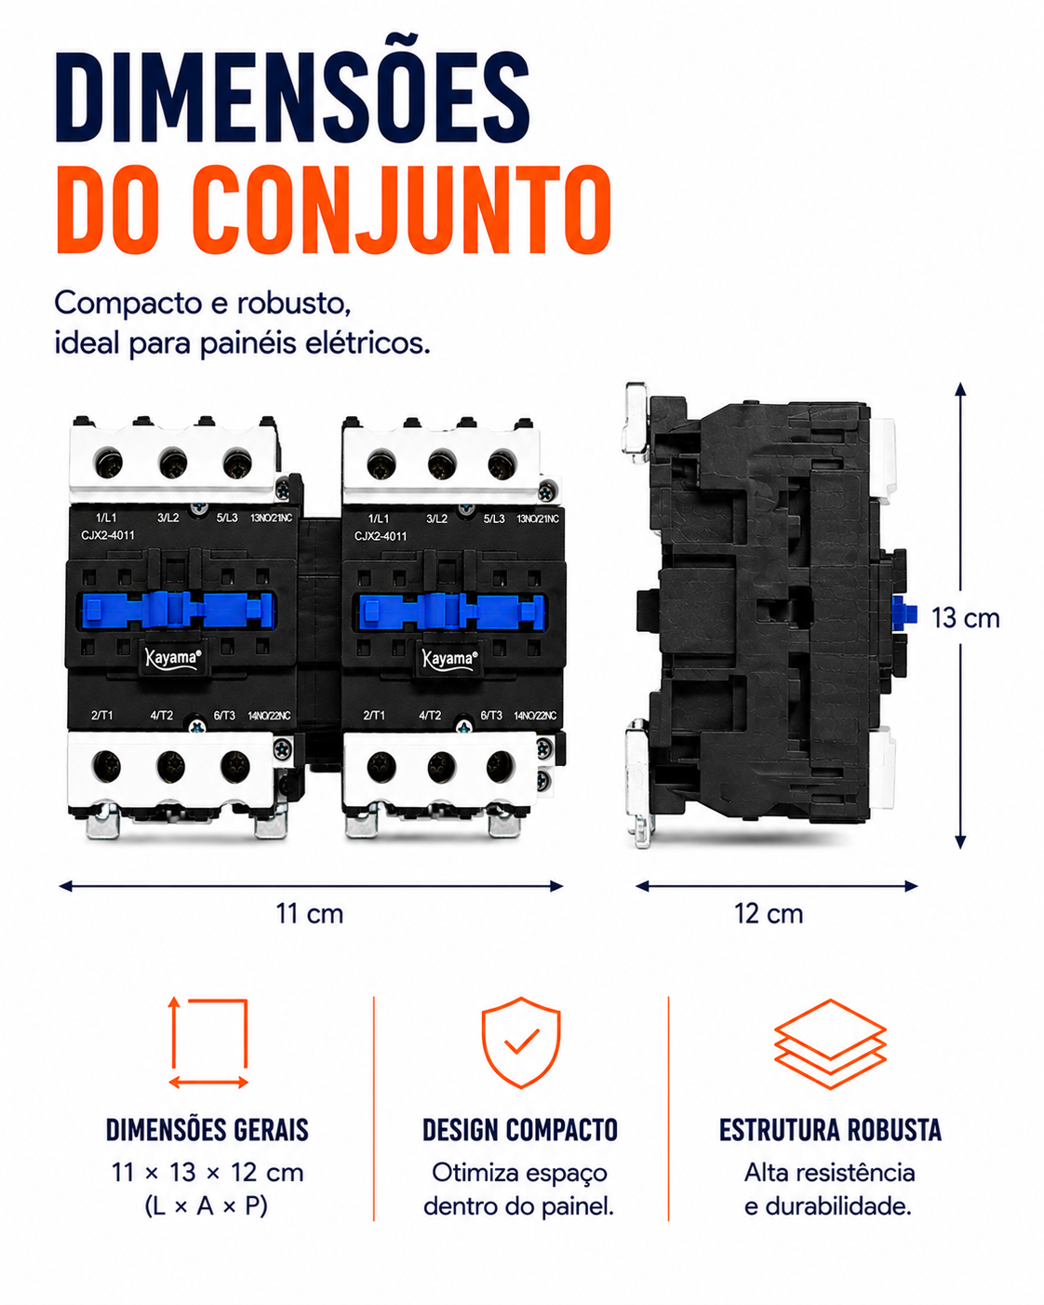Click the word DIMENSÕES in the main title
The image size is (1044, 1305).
click(293, 98)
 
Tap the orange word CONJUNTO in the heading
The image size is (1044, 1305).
click(405, 209)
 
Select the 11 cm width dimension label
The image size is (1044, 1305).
click(310, 914)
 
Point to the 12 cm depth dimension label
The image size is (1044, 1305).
click(769, 914)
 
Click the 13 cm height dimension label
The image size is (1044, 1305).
click(965, 618)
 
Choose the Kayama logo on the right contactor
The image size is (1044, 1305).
click(449, 658)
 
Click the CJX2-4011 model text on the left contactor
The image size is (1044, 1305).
click(108, 535)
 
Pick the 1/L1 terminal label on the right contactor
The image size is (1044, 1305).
click(379, 518)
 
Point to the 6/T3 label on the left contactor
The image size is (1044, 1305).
click(224, 716)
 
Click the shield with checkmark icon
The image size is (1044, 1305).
click(521, 1043)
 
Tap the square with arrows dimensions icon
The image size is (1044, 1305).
click(208, 1043)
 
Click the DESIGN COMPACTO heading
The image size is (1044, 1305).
click(520, 1130)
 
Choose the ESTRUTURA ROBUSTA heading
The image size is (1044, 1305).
click(830, 1130)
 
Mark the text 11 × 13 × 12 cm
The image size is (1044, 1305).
click(207, 1173)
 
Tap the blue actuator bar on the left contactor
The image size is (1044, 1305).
click(177, 610)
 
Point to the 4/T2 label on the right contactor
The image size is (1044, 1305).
click(430, 716)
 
